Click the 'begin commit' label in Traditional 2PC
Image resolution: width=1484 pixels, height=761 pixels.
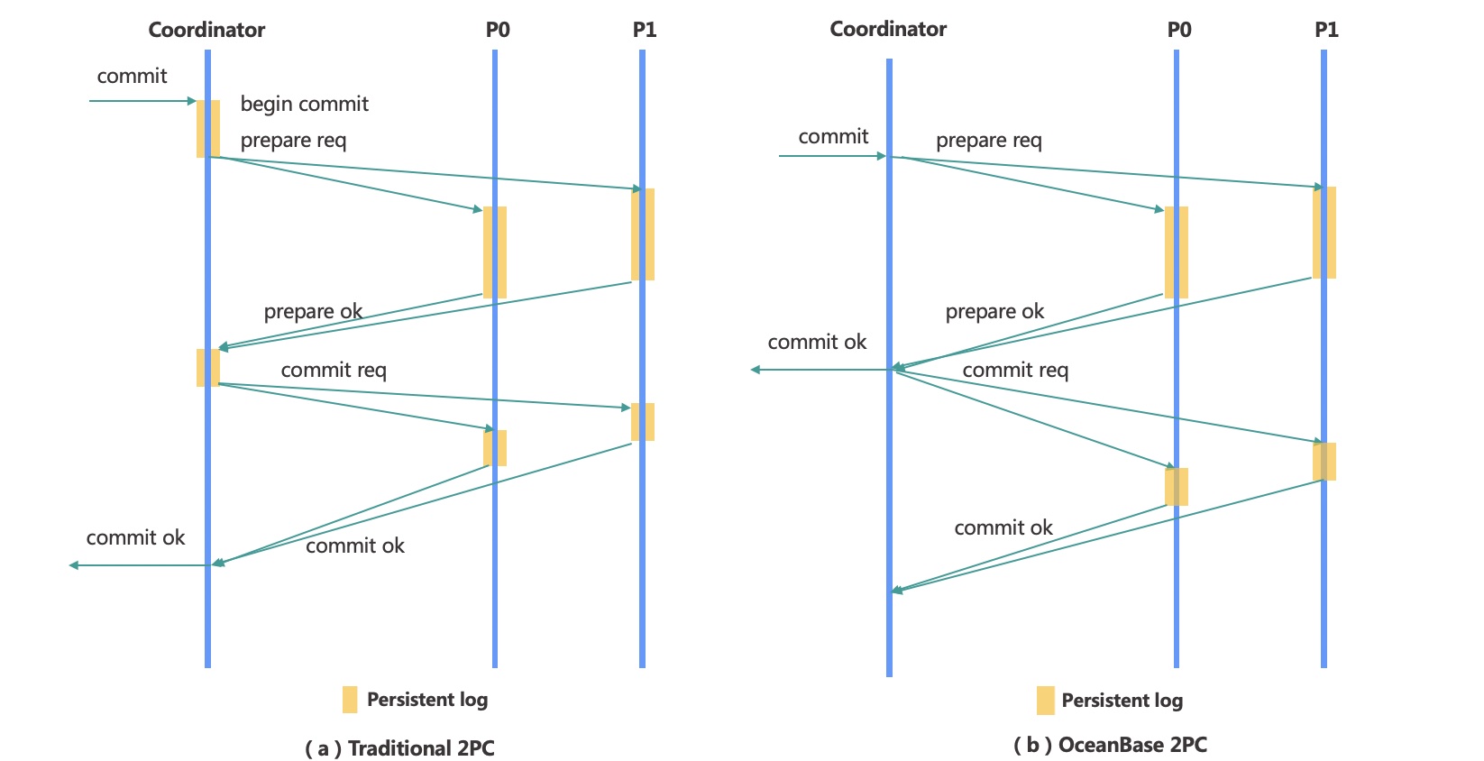click(x=304, y=104)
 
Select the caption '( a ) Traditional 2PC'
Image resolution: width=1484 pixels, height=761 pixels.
click(x=399, y=748)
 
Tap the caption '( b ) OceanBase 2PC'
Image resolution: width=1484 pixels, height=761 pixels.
click(x=1110, y=745)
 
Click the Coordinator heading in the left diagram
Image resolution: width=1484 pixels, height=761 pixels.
click(x=206, y=30)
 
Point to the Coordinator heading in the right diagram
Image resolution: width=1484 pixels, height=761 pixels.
click(x=888, y=29)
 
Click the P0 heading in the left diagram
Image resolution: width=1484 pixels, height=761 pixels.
click(x=498, y=30)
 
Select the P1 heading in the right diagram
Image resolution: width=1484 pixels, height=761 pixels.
click(x=1326, y=30)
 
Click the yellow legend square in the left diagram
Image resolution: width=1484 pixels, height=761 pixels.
click(x=350, y=700)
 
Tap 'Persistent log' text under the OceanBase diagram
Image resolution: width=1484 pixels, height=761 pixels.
click(x=1122, y=701)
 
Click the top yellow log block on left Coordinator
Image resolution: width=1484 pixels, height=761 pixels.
click(x=208, y=129)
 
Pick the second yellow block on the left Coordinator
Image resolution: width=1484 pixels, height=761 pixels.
click(x=208, y=368)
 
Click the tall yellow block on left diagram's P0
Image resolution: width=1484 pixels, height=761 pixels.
click(x=495, y=252)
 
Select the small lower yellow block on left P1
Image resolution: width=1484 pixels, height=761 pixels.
click(x=643, y=422)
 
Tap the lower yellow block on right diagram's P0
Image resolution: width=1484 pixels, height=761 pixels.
click(x=1177, y=487)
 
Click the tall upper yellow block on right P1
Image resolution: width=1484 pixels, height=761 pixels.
click(x=1324, y=233)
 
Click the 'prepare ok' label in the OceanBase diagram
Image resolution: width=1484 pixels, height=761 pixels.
click(x=994, y=311)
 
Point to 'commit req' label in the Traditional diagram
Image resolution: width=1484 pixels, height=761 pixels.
click(x=334, y=370)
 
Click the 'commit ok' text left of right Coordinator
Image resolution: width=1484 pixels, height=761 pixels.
click(x=817, y=342)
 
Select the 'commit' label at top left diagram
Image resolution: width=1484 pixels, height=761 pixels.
click(x=132, y=76)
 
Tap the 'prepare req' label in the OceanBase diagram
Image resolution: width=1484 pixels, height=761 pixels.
click(x=989, y=140)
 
